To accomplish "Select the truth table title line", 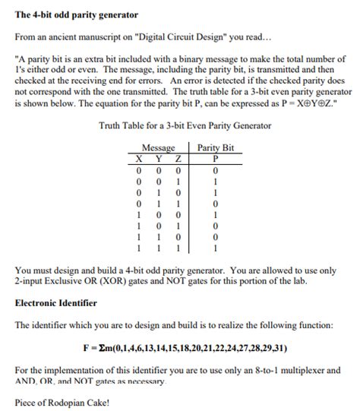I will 180,125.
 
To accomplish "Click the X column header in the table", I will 139,159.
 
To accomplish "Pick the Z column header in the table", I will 177,159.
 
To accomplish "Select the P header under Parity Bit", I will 216,159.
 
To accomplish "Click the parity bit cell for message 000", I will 216,170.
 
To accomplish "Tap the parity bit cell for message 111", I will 216,248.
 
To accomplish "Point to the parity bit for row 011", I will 216,204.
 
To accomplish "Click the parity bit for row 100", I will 216,215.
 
